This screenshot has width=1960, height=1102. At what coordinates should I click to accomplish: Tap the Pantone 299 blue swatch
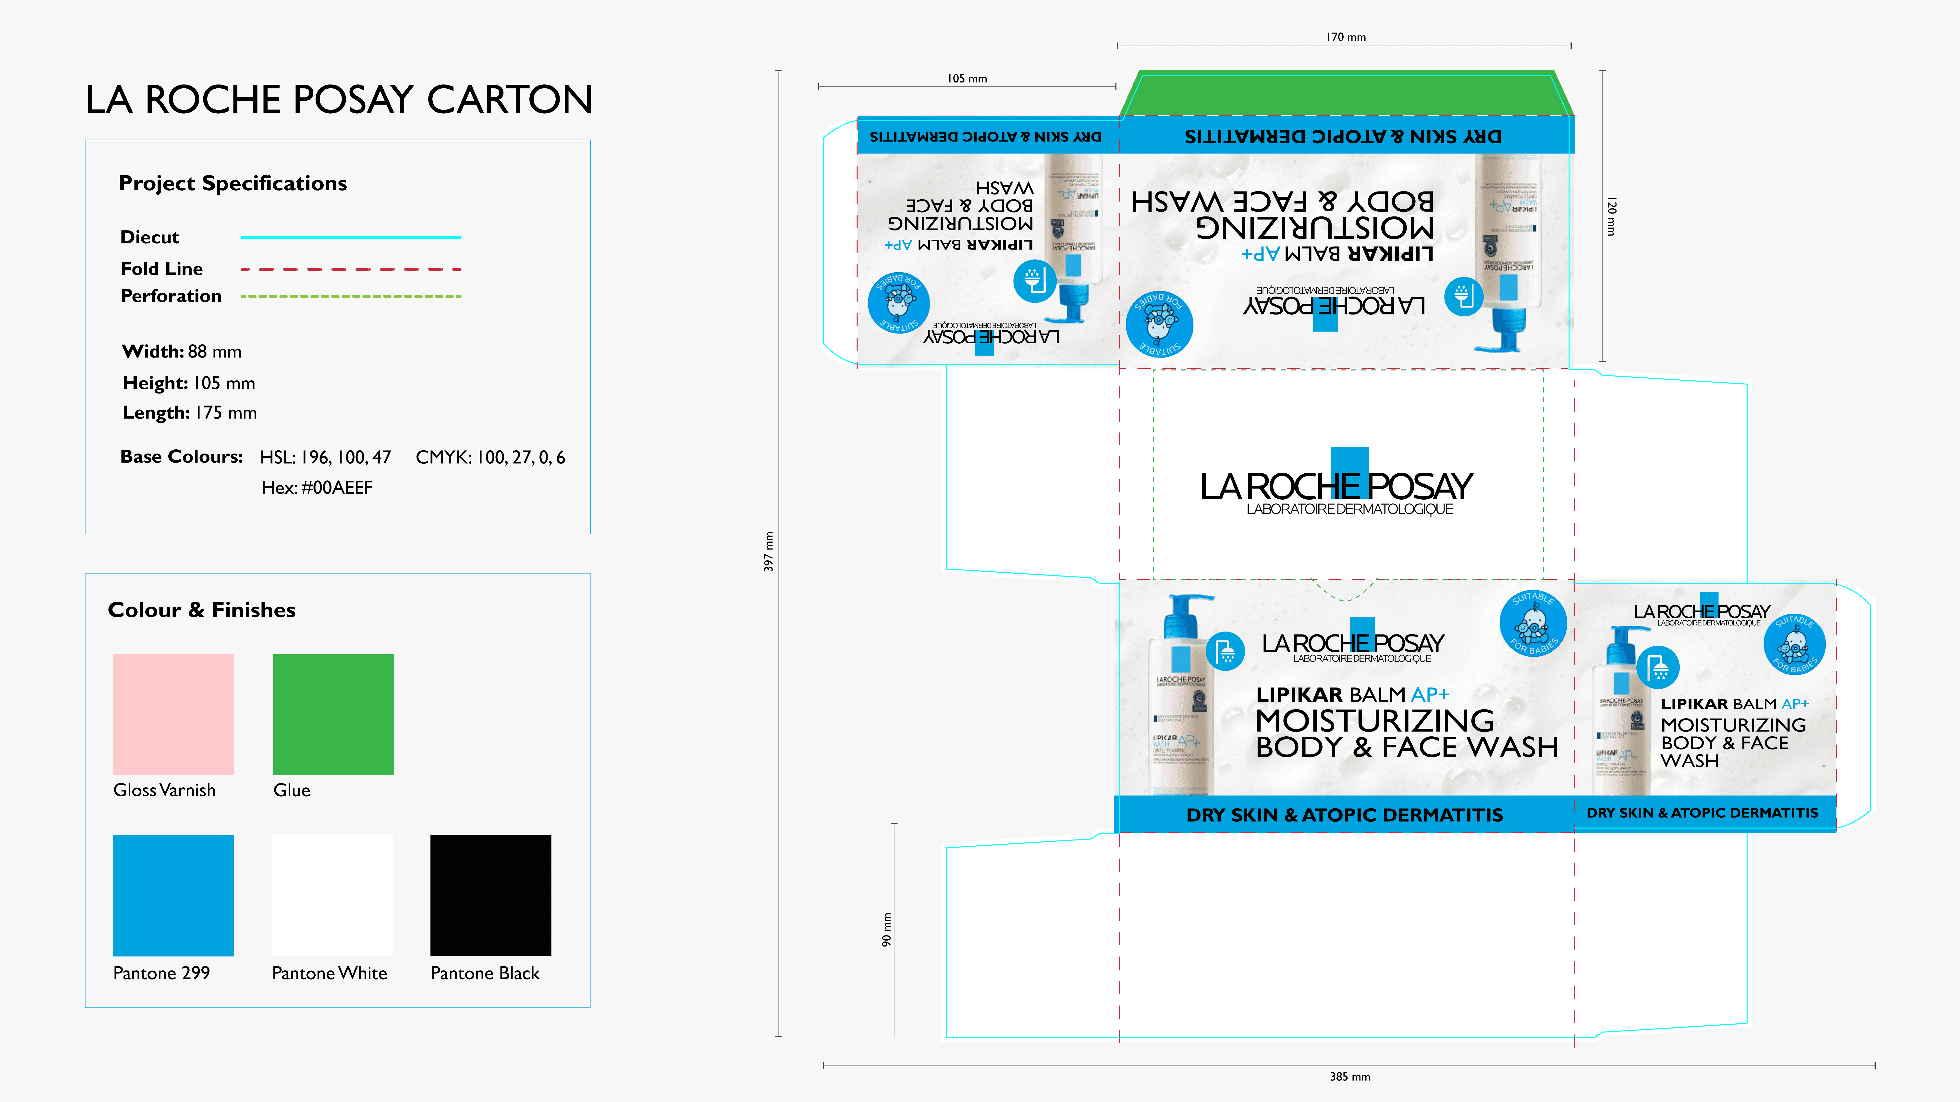point(173,895)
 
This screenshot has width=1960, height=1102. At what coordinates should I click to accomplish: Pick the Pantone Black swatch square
point(491,895)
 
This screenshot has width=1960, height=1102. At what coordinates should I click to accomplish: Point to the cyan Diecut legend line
point(351,237)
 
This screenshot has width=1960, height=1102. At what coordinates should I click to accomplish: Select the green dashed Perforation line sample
point(351,296)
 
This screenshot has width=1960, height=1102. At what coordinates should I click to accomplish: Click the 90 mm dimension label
point(886,929)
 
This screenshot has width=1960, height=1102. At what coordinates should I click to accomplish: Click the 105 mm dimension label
point(967,78)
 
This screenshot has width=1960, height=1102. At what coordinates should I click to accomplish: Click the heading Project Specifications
point(233,183)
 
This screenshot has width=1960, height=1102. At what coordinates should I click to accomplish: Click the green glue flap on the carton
point(1345,95)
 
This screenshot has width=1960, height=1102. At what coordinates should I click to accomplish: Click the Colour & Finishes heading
point(202,610)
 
